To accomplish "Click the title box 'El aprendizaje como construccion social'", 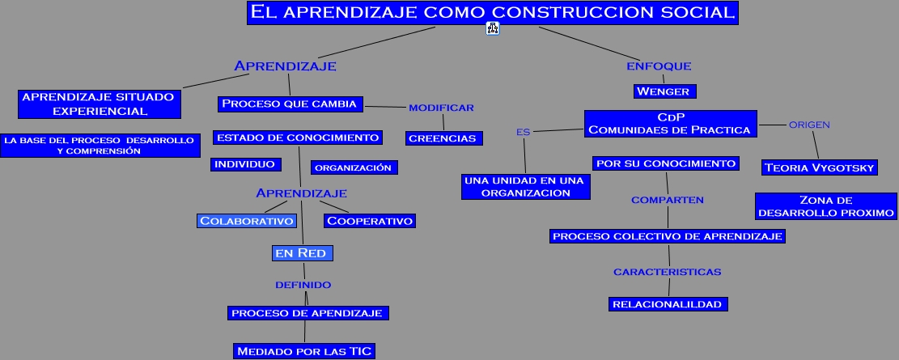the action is [493, 12].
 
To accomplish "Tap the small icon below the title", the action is [493, 29].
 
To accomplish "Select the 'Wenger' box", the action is [663, 91].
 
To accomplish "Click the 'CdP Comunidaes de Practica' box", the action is [670, 123].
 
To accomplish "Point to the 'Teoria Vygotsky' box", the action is [819, 167].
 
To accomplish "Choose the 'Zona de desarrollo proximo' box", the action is [825, 206].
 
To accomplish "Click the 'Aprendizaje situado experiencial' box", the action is [99, 104].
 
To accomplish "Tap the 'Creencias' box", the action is [443, 138].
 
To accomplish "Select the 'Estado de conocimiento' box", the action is [298, 138].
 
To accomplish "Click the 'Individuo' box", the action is [245, 164].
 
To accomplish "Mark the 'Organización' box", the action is [353, 167].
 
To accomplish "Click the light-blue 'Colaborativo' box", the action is [247, 221].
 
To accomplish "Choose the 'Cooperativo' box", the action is [369, 221].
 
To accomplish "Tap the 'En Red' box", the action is [301, 253].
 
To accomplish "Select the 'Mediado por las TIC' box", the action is [304, 350].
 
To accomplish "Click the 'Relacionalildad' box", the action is [668, 304].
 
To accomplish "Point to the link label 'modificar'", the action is [441, 108].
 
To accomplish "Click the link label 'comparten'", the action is [668, 200].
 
